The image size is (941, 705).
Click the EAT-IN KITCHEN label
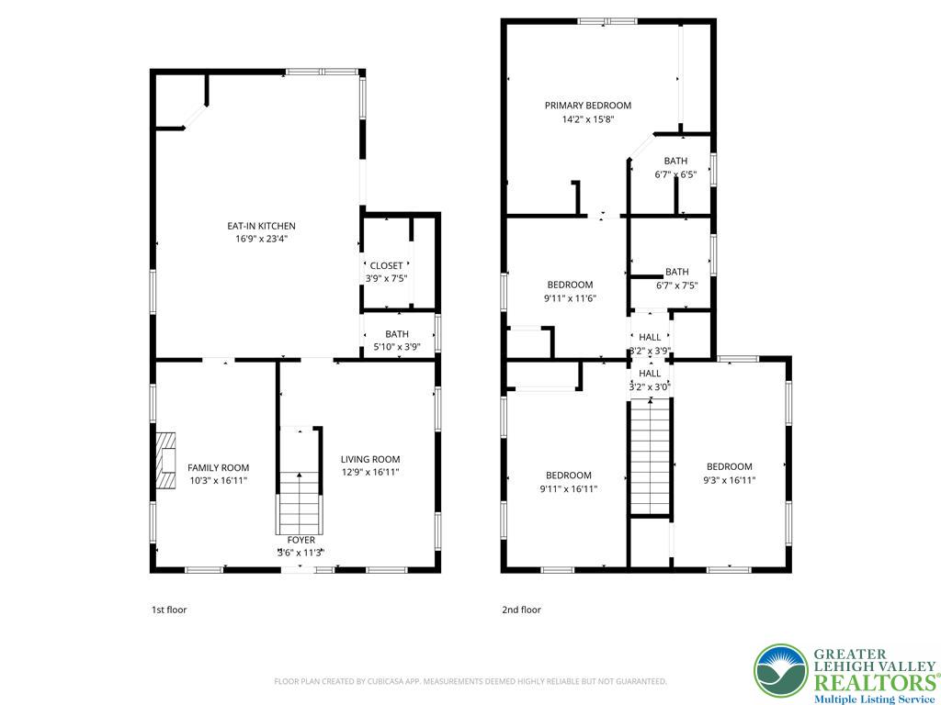(x=261, y=226)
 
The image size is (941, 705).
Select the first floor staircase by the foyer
(x=300, y=496)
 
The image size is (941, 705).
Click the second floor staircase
(x=650, y=459)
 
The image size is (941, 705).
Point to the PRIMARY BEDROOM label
(x=587, y=106)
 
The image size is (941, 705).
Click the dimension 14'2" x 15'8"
(x=587, y=119)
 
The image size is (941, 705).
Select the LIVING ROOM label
(x=370, y=460)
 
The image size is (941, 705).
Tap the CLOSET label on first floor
(x=386, y=266)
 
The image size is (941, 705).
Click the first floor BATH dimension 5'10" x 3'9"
(x=397, y=347)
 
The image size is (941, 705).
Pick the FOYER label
(x=300, y=540)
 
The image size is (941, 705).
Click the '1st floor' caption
(x=169, y=610)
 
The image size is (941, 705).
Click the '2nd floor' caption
(x=521, y=610)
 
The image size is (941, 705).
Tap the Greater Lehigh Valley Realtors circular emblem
(x=781, y=671)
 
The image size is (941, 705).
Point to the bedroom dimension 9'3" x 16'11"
(x=730, y=479)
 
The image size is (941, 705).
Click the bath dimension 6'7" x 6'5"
(x=675, y=174)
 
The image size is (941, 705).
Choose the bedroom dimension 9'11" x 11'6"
(x=570, y=297)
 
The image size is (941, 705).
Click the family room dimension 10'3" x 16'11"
(x=218, y=480)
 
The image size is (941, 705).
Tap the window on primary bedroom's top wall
(x=608, y=20)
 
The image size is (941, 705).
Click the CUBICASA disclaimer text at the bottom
(x=470, y=681)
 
